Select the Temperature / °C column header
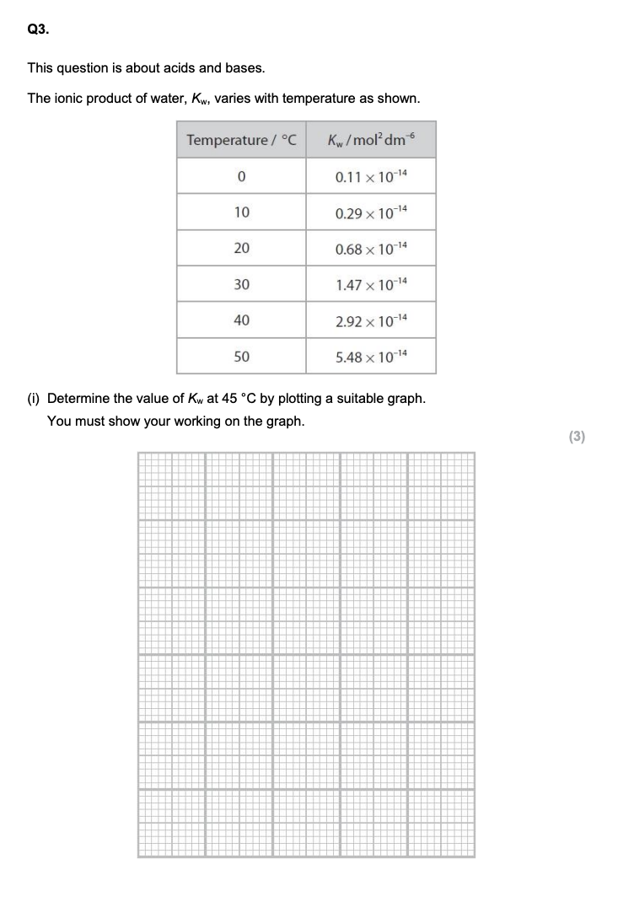(x=241, y=140)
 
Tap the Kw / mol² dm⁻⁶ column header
(x=371, y=140)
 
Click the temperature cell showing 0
(x=241, y=177)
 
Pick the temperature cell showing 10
(x=241, y=212)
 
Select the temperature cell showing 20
(x=241, y=249)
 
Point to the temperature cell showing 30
(x=241, y=285)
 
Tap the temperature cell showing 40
(x=241, y=320)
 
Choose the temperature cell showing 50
(x=241, y=357)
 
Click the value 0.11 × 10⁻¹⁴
(x=371, y=176)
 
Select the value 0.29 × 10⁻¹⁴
(x=371, y=212)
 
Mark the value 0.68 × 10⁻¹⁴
(x=371, y=249)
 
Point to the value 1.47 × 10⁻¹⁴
(x=371, y=285)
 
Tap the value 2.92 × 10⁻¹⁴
(x=371, y=320)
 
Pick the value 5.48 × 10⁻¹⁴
(x=371, y=357)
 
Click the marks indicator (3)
(x=577, y=436)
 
